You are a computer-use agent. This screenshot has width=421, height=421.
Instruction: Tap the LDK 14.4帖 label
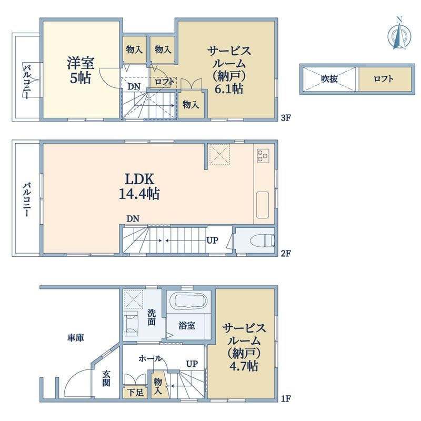[139, 186]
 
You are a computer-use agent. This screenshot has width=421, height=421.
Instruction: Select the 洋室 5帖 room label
[81, 70]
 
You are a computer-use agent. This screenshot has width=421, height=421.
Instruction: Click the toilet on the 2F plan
[264, 241]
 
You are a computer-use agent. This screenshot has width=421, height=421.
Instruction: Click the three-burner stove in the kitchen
[263, 155]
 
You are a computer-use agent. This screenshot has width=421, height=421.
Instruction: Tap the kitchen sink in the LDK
[263, 203]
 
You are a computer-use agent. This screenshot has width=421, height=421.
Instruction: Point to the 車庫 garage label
[76, 337]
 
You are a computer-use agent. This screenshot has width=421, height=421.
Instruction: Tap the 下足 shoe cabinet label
[135, 392]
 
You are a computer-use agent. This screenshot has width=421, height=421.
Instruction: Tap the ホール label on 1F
[150, 358]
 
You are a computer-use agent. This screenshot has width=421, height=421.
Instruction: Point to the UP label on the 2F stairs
[213, 241]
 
